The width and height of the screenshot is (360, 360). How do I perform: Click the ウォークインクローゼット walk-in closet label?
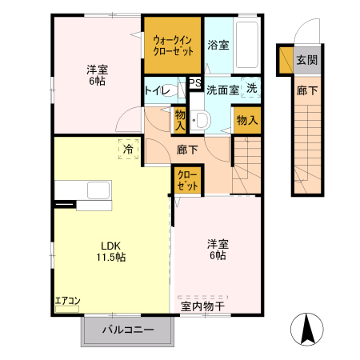click(x=172, y=43)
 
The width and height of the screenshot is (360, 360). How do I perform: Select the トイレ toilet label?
click(x=156, y=90)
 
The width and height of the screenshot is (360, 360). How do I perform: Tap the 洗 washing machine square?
click(x=251, y=88)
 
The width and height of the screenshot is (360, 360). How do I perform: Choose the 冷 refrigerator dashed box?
click(x=128, y=149)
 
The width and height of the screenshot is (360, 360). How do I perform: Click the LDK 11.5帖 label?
click(x=112, y=251)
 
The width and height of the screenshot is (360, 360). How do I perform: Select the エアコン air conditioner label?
click(x=67, y=301)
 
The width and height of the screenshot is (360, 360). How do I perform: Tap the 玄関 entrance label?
click(x=306, y=59)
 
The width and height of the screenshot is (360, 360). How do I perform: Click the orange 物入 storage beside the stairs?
click(x=247, y=120)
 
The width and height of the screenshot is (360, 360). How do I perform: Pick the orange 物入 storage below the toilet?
click(x=180, y=120)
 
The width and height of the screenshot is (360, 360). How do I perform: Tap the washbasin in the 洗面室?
click(x=202, y=120)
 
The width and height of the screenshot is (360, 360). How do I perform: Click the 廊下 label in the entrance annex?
click(x=306, y=90)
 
